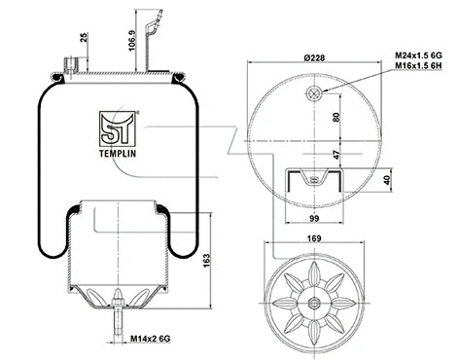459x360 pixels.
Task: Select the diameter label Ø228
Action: pyautogui.click(x=314, y=58)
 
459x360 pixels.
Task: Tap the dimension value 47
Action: pyautogui.click(x=336, y=155)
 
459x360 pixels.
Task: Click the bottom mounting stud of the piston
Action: pyautogui.click(x=117, y=316)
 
